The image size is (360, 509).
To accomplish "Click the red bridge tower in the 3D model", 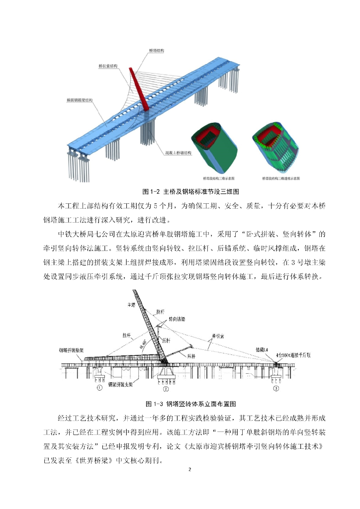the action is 138,89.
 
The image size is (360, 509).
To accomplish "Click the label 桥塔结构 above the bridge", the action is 157,51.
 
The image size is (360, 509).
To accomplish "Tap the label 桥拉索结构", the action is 107,65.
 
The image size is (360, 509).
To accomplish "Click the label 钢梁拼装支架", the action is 122,384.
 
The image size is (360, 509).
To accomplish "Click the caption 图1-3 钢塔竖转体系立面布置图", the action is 180,403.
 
